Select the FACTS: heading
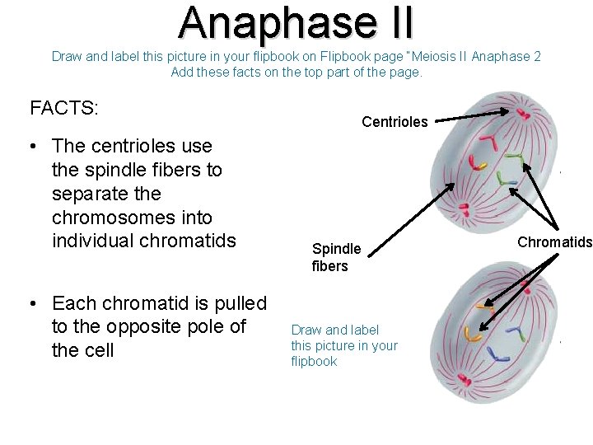coord(64,108)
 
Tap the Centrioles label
coord(395,122)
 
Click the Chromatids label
coord(554,241)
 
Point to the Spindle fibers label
coord(336,257)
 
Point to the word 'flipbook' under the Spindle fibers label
coord(314,361)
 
